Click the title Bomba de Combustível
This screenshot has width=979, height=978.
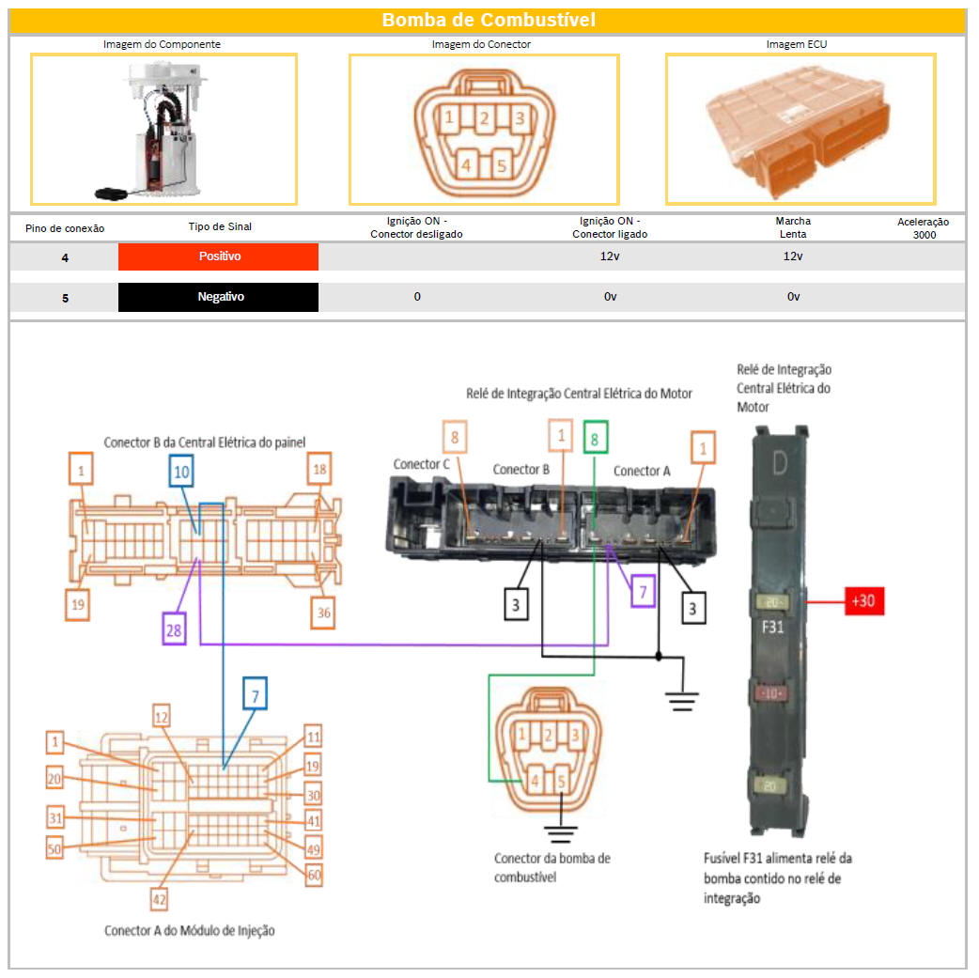489,20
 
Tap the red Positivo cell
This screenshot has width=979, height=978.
219,256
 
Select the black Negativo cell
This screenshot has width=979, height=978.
219,297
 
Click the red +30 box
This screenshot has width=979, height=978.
864,600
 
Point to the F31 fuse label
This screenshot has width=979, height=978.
772,627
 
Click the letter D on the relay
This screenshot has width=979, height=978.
780,463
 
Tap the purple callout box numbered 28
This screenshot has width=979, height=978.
174,629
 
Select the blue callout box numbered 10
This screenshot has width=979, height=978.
181,472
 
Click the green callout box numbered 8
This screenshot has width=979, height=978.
595,437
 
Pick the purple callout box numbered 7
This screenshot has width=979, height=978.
643,592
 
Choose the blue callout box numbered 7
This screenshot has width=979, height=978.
255,693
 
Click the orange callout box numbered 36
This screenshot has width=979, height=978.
323,613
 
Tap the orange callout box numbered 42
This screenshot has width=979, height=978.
159,899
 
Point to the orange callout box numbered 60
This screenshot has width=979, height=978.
314,875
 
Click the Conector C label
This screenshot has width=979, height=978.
422,464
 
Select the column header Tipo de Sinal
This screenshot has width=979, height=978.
220,226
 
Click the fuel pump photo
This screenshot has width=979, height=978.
163,130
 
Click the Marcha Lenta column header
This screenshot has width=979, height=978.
793,227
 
